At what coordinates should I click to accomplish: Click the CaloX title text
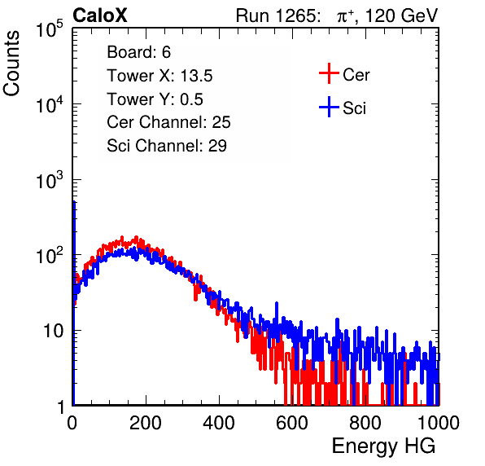pyautogui.click(x=100, y=15)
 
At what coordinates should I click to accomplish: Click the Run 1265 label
pyautogui.click(x=277, y=15)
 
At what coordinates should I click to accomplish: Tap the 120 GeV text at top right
pyautogui.click(x=401, y=15)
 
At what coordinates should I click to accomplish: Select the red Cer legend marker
pyautogui.click(x=329, y=73)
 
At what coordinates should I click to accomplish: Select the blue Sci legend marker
pyautogui.click(x=329, y=107)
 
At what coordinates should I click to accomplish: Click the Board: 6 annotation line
pyautogui.click(x=138, y=52)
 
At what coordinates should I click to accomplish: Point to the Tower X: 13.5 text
pyautogui.click(x=159, y=76)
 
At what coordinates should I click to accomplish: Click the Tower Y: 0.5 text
pyautogui.click(x=155, y=99)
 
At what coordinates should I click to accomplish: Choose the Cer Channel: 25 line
pyautogui.click(x=168, y=122)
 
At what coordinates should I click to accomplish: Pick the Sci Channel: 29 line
pyautogui.click(x=167, y=146)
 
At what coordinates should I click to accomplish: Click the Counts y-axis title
pyautogui.click(x=11, y=64)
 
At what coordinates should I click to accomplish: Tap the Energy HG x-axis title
pyautogui.click(x=383, y=446)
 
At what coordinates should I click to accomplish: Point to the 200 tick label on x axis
pyautogui.click(x=146, y=423)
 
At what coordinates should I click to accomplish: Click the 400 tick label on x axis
pyautogui.click(x=219, y=423)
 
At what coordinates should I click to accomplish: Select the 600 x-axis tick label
pyautogui.click(x=292, y=423)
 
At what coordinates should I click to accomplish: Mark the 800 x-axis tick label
pyautogui.click(x=365, y=423)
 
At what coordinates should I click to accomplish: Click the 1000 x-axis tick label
pyautogui.click(x=439, y=423)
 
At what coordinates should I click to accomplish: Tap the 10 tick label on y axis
pyautogui.click(x=53, y=331)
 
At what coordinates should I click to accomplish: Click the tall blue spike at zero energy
pyautogui.click(x=74, y=303)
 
